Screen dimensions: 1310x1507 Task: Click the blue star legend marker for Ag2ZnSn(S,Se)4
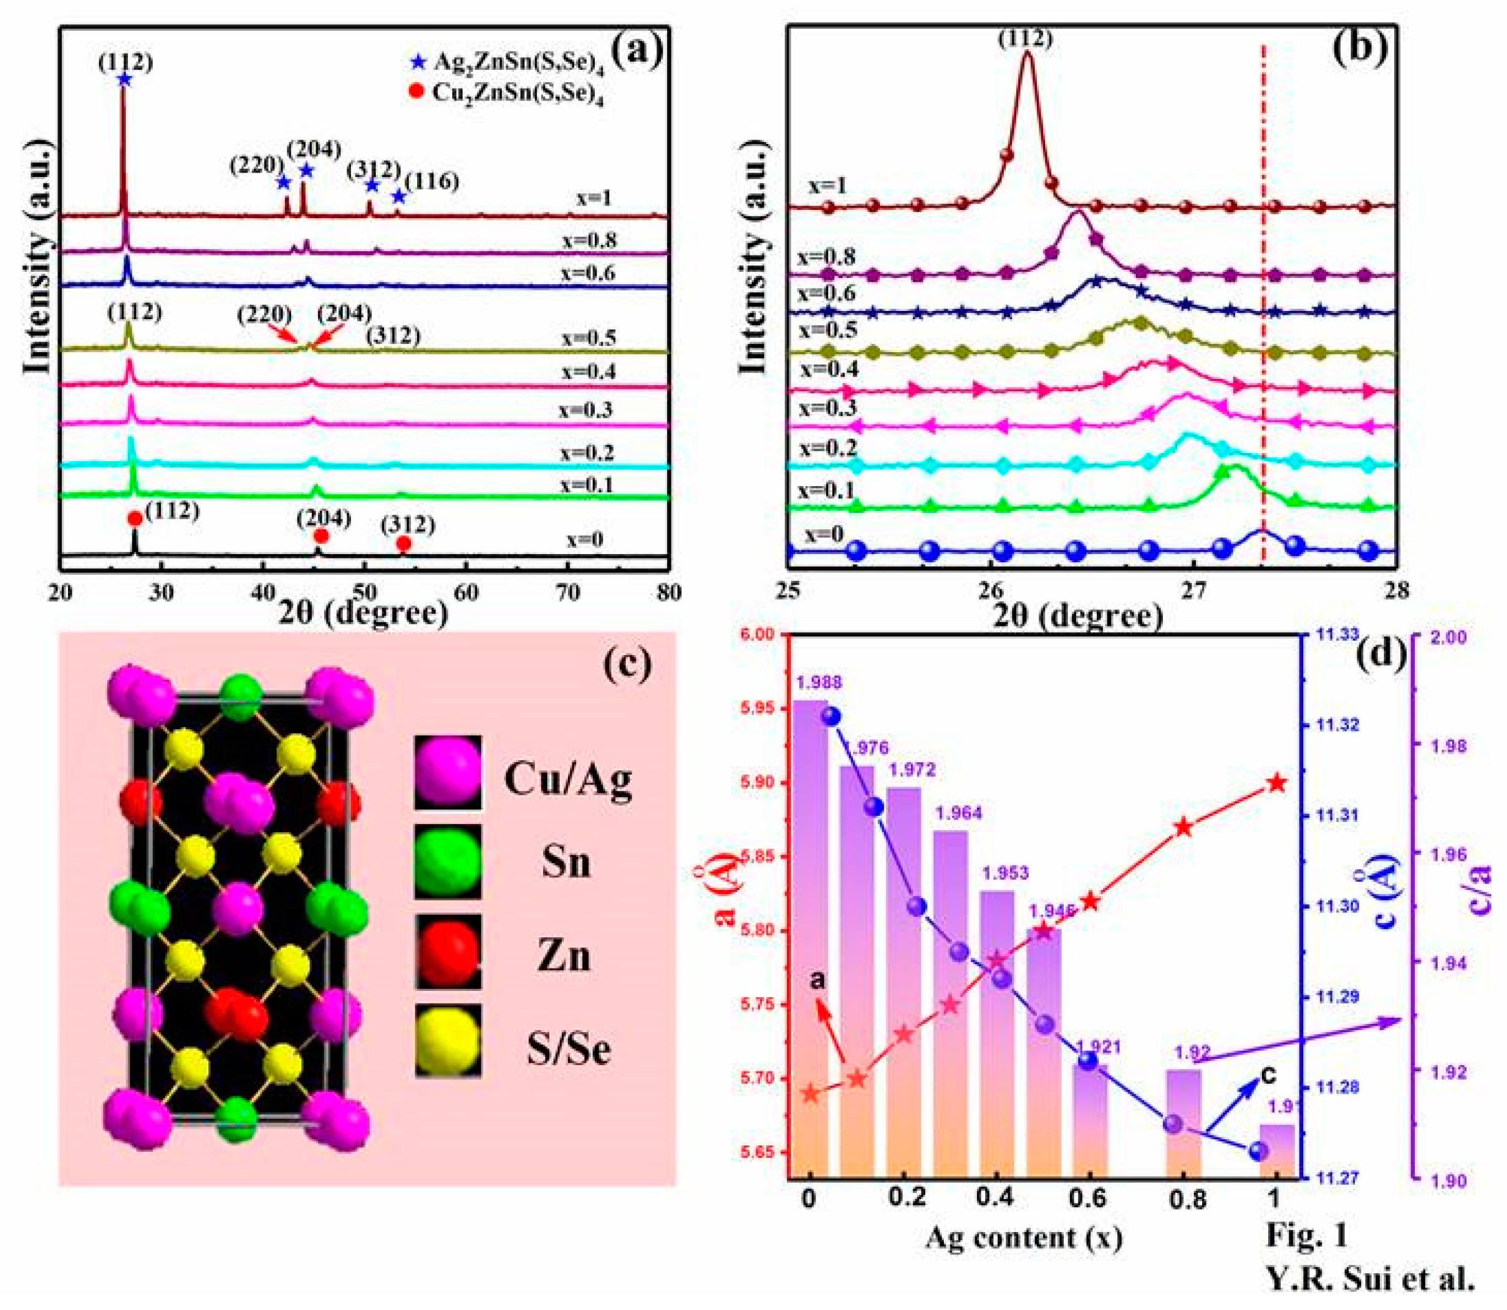click(x=418, y=62)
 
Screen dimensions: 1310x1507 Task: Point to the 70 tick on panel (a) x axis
click(x=567, y=591)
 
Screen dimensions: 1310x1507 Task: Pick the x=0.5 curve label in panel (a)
click(x=589, y=338)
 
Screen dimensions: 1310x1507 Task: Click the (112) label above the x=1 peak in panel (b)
click(x=1025, y=38)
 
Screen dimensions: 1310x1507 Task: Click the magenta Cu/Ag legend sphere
click(x=448, y=772)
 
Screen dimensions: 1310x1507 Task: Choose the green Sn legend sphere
click(x=448, y=862)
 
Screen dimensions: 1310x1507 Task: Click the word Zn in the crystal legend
click(x=563, y=956)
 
